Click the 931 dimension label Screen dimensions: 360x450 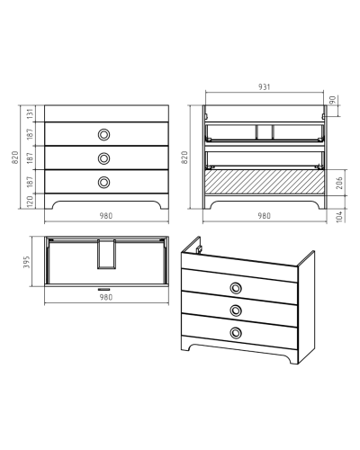coord(265,87)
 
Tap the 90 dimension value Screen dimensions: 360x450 coord(332,100)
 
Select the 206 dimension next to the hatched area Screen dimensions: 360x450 coord(339,183)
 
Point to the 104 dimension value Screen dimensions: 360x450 coord(339,216)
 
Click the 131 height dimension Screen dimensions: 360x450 coord(31,113)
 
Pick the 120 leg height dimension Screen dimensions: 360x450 coord(31,202)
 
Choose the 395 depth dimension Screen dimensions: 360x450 coord(27,262)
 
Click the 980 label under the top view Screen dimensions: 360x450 coord(106,297)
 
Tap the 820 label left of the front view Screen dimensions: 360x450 coord(15,157)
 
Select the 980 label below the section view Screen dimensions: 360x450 coord(265,216)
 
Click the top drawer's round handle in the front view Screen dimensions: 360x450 coord(103,134)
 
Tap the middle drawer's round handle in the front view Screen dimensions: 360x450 coord(103,158)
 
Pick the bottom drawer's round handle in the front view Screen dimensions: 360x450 coord(103,182)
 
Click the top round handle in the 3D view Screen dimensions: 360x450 coord(236,288)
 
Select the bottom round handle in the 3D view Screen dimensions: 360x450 coord(236,332)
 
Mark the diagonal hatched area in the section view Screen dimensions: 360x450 coord(265,182)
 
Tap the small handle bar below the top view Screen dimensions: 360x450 coord(103,290)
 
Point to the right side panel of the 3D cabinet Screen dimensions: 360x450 coord(306,307)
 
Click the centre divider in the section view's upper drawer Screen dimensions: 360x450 coord(265,132)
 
